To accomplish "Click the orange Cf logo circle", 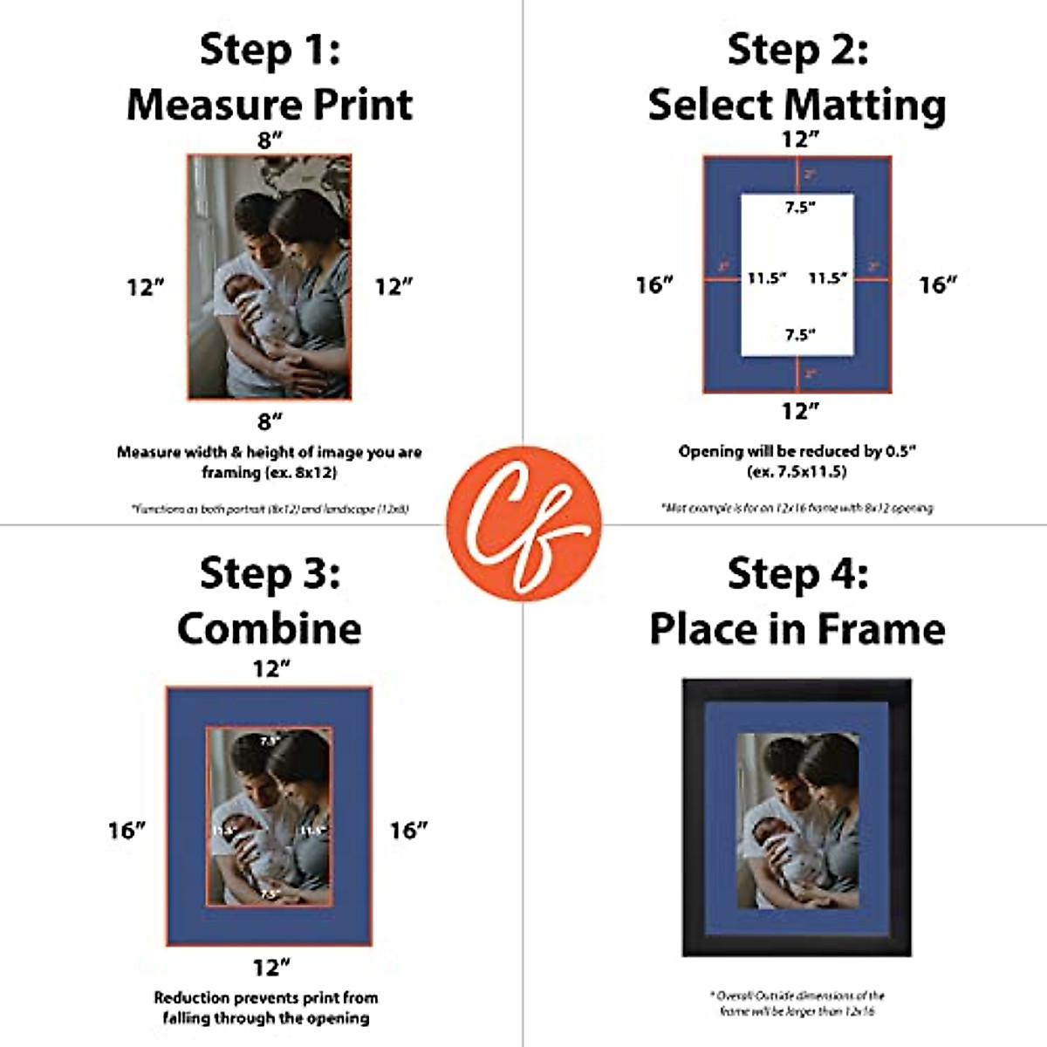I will (523, 523).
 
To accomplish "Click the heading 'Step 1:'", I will (270, 50).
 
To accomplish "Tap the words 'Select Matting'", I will (797, 106).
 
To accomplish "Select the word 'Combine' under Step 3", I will (270, 628).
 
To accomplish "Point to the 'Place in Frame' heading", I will (797, 628).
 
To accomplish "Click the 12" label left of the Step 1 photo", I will (146, 286).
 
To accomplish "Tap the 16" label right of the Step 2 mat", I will (938, 284).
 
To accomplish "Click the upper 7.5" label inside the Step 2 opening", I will (799, 208).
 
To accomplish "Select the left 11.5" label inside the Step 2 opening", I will (767, 278).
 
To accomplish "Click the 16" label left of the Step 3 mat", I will (127, 830).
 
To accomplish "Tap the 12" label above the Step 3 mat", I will (270, 669).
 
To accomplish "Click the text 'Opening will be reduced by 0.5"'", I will (797, 451).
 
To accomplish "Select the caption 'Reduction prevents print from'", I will (266, 997).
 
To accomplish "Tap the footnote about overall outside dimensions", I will (797, 1003).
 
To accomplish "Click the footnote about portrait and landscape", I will (270, 508).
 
